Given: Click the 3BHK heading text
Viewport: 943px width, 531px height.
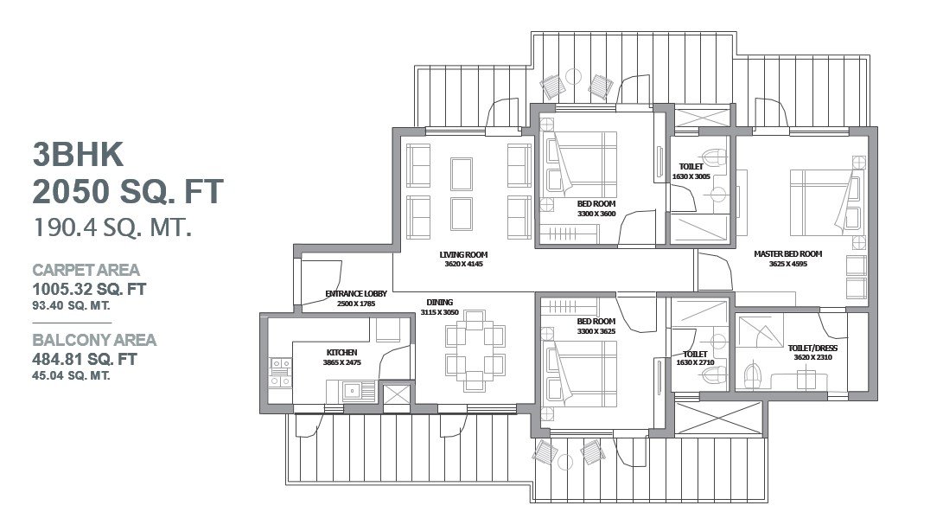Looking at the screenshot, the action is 78,155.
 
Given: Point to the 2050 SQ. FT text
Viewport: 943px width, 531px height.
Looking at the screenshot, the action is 128,191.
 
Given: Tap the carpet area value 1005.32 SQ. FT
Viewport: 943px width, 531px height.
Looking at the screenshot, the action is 89,289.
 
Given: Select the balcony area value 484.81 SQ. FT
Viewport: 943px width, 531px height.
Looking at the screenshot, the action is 85,360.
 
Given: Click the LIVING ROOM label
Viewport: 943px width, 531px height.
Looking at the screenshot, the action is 463,254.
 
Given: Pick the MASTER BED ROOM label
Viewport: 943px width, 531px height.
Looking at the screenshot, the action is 787,254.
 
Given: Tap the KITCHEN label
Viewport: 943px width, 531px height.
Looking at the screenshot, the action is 341,353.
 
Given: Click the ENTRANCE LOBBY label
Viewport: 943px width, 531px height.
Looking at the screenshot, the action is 356,294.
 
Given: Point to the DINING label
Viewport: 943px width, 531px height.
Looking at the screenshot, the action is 440,302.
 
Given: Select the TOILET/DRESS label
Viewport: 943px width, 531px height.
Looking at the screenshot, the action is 812,348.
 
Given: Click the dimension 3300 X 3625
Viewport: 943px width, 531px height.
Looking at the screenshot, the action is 596,331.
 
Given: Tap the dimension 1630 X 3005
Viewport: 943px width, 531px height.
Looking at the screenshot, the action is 691,177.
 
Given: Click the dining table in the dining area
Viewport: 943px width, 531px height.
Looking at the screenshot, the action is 475,350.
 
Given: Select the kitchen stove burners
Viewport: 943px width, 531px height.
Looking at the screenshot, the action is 280,373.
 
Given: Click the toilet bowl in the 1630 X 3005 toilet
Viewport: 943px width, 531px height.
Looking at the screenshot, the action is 716,157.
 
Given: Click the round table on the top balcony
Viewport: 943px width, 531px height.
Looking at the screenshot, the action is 573,76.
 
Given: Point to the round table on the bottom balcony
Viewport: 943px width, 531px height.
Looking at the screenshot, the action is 564,463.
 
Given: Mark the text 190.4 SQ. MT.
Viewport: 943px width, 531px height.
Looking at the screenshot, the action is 112,228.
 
